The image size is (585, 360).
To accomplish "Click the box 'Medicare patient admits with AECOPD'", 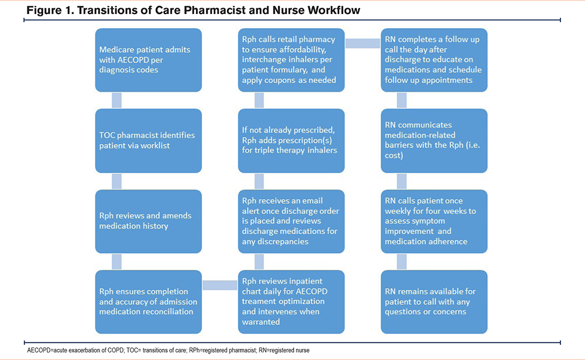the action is pyautogui.click(x=149, y=60).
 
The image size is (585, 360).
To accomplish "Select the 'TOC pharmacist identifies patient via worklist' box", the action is pyautogui.click(x=149, y=141).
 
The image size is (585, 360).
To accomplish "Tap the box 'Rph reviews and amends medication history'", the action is pyautogui.click(x=149, y=221).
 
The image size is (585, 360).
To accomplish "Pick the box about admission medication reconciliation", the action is pyautogui.click(x=149, y=301).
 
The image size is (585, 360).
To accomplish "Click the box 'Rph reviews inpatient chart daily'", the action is pyautogui.click(x=291, y=301).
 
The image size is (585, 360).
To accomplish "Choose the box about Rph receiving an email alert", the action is pyautogui.click(x=291, y=221).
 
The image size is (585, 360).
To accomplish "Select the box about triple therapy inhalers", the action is pyautogui.click(x=291, y=141).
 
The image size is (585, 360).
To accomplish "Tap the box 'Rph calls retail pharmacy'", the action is pyautogui.click(x=291, y=60).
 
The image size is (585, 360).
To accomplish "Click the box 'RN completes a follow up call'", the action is pyautogui.click(x=434, y=60).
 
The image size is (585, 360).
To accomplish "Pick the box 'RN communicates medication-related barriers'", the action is pyautogui.click(x=434, y=141).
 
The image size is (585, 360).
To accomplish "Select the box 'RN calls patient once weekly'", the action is pyautogui.click(x=434, y=221).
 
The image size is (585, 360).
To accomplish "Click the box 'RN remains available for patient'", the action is pyautogui.click(x=434, y=301).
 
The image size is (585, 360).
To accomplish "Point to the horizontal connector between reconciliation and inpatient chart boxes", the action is pyautogui.click(x=220, y=285).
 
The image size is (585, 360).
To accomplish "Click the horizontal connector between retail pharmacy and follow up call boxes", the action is pyautogui.click(x=363, y=43).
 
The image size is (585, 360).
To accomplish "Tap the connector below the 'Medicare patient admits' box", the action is pyautogui.click(x=117, y=100).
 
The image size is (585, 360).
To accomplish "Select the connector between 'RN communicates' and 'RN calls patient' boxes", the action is pyautogui.click(x=402, y=181).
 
